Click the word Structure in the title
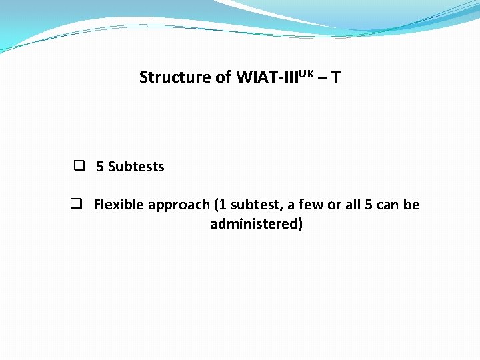pos(175,77)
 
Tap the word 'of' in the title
pos(224,77)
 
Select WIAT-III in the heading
pos(262,77)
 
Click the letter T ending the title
pos(336,77)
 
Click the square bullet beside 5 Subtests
pos(79,166)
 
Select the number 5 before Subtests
pos(100,167)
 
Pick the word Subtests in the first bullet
pos(136,167)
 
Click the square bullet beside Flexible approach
pos(76,204)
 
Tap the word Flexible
pos(119,205)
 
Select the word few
pos(313,205)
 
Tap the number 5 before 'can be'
pos(369,205)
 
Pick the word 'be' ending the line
pos(412,205)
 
